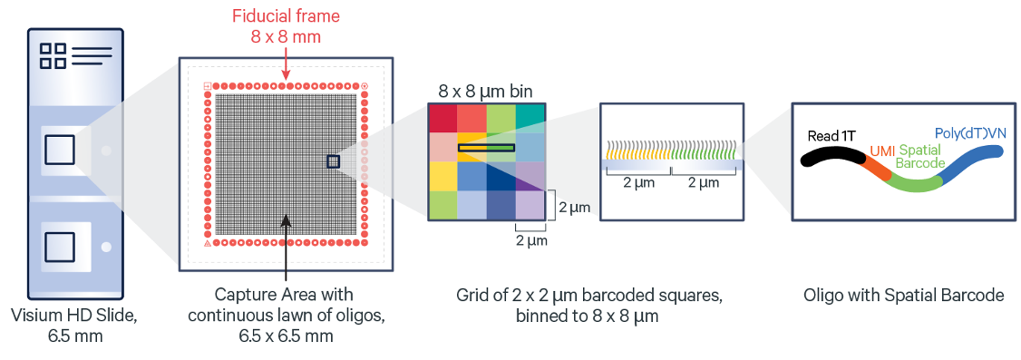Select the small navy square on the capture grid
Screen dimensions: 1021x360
click(x=333, y=161)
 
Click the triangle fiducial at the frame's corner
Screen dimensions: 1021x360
click(x=207, y=243)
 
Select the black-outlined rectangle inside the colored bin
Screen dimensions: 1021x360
click(x=486, y=148)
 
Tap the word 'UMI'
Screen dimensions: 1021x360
click(x=881, y=153)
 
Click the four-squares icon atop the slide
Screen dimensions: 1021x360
click(x=53, y=54)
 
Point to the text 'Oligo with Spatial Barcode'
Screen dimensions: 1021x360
click(x=902, y=295)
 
